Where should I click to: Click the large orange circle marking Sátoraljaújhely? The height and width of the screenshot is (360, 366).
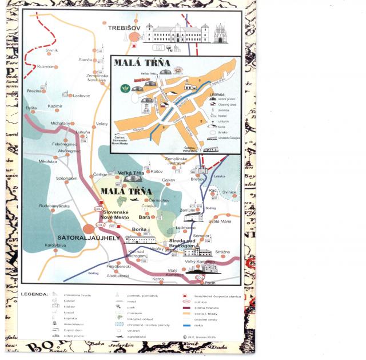89,229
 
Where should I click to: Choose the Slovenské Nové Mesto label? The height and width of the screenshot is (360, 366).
118,215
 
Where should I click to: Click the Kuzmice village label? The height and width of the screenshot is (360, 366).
45,66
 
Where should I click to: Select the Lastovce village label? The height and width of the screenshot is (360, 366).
82,96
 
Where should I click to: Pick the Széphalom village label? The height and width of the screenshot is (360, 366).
67,178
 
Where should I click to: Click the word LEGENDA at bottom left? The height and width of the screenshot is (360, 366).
33,294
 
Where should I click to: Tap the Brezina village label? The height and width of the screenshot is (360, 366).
34,90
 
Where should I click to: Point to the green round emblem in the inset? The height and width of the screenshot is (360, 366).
125,89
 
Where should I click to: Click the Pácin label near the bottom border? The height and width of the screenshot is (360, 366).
210,282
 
